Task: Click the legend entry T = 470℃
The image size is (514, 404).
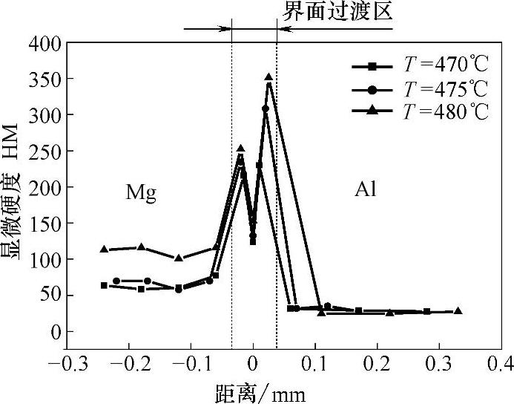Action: tap(419, 68)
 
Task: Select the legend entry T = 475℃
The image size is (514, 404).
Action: tap(419, 90)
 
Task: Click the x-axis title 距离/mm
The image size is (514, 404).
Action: tap(257, 391)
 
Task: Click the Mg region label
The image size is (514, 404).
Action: tap(140, 193)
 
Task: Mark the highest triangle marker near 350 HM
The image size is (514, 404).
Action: tap(268, 76)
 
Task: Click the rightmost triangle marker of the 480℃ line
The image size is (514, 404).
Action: tap(458, 310)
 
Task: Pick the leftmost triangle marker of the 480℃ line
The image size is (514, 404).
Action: tap(104, 249)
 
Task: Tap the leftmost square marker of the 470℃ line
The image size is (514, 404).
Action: tap(104, 285)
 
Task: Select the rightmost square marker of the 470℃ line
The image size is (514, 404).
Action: tap(426, 311)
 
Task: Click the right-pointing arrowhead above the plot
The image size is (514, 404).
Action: tap(227, 29)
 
